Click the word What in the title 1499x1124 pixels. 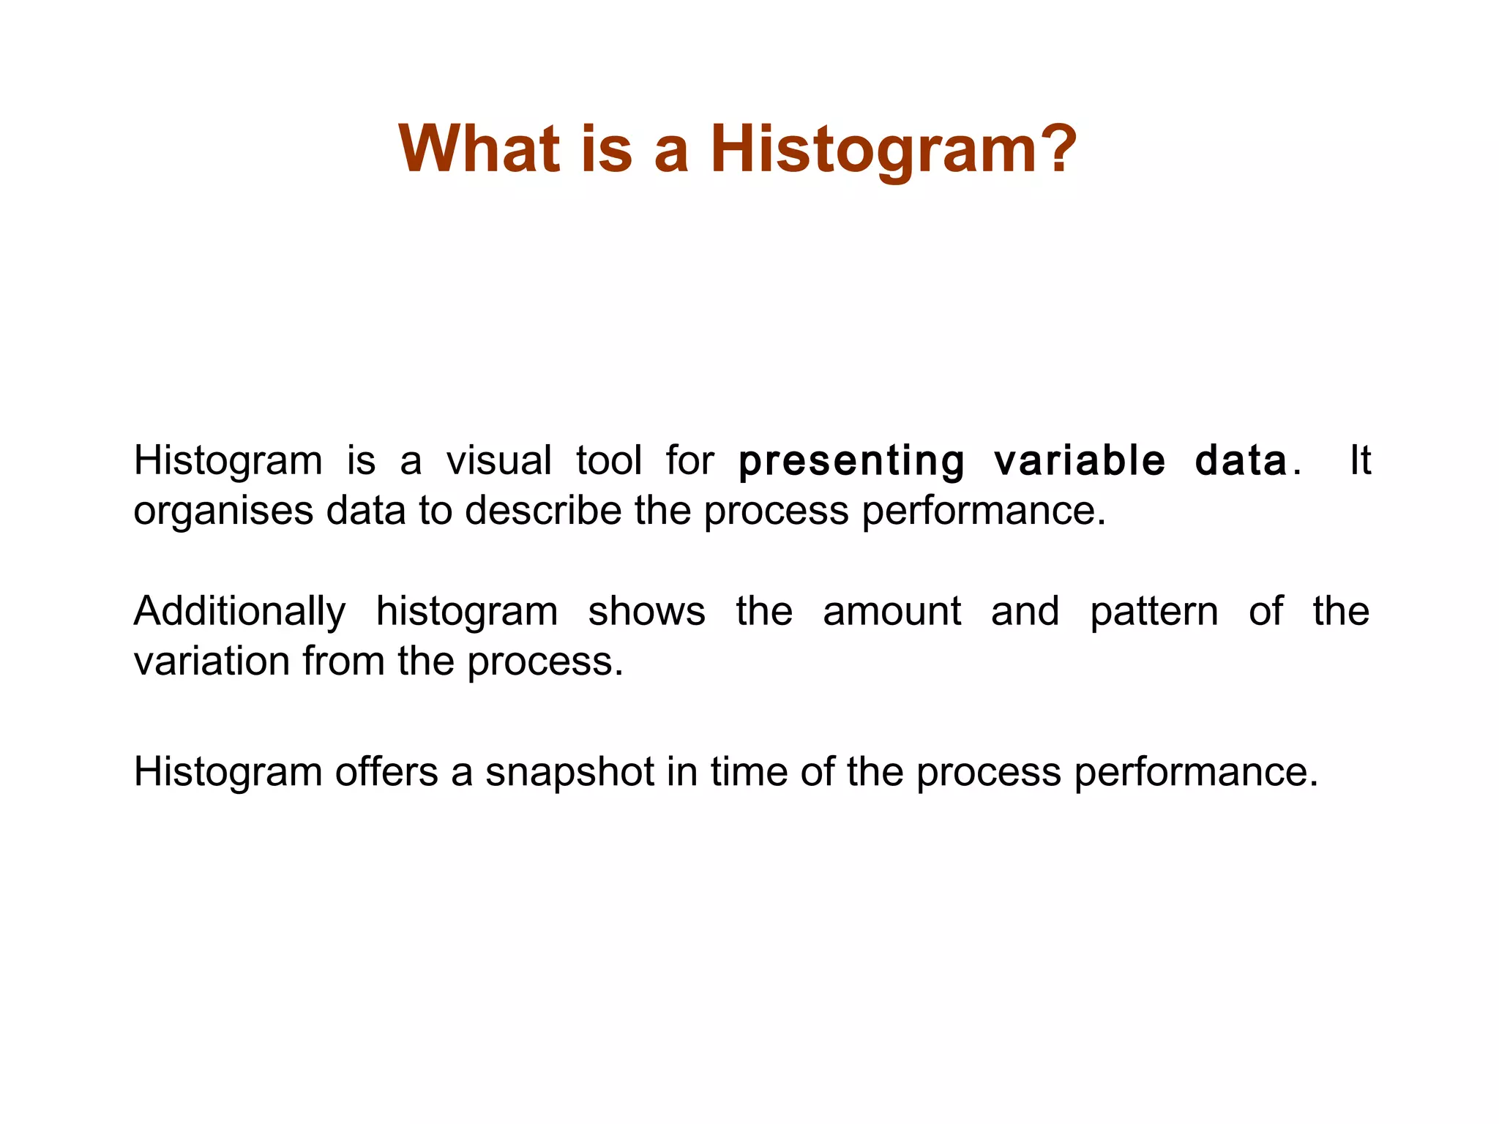[x=479, y=149]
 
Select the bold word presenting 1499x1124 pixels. [x=851, y=462]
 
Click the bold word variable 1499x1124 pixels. [x=1079, y=462]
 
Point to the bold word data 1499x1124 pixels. [x=1241, y=462]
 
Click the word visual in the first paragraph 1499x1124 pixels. [x=498, y=462]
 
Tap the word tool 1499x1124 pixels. [x=608, y=462]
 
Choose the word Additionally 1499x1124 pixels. [x=239, y=612]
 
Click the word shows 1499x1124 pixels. [x=646, y=612]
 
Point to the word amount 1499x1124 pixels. [x=891, y=612]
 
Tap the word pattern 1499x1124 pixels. [x=1154, y=613]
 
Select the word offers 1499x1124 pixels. [x=386, y=772]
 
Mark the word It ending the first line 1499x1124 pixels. [x=1359, y=460]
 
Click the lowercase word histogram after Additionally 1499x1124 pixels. [x=466, y=613]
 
